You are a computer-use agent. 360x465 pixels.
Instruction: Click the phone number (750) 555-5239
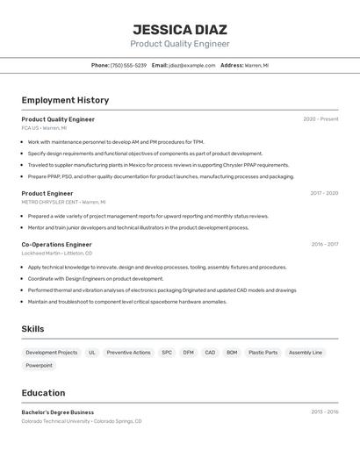[128, 65]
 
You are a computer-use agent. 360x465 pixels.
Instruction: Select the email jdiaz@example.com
[191, 65]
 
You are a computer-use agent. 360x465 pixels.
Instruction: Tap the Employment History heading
[65, 100]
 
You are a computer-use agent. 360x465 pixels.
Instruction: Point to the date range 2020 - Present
[320, 119]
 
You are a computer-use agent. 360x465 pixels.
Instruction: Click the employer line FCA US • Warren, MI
[44, 128]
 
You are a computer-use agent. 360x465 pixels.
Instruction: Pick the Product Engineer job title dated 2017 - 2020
[47, 193]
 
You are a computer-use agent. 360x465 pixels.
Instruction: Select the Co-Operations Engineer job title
[56, 245]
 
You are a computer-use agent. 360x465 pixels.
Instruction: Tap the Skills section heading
[32, 329]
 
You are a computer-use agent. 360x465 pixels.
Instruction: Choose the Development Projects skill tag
[51, 353]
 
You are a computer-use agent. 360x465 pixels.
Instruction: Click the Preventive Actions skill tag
[128, 353]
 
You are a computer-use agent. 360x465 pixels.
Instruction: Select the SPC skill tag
[166, 353]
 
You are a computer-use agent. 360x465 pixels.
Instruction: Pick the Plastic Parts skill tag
[263, 353]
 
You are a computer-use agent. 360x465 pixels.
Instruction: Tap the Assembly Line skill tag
[305, 353]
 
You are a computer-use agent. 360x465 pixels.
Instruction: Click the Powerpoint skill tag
[39, 366]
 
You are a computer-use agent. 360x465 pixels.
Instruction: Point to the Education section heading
[43, 393]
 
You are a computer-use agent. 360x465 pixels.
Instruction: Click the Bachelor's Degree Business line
[57, 412]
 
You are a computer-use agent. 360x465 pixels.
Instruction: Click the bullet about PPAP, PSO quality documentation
[161, 176]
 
